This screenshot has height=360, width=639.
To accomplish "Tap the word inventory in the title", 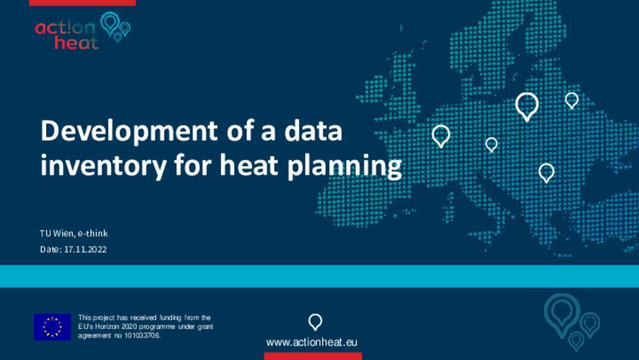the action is pyautogui.click(x=104, y=166).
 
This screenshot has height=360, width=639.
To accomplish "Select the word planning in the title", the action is pyautogui.click(x=344, y=166).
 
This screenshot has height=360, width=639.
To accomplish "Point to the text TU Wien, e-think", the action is pyautogui.click(x=73, y=233).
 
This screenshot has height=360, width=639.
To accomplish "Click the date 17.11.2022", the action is pyautogui.click(x=85, y=249).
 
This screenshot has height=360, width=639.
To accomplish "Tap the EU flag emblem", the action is pyautogui.click(x=52, y=327).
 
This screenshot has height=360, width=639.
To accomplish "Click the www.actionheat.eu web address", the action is pyautogui.click(x=312, y=342).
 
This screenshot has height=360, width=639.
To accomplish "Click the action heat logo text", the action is pyautogui.click(x=66, y=35).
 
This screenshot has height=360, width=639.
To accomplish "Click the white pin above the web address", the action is pyautogui.click(x=315, y=322).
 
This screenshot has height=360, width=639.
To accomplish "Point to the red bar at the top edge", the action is pyautogui.click(x=82, y=3).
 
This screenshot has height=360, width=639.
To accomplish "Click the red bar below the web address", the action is pyautogui.click(x=313, y=356).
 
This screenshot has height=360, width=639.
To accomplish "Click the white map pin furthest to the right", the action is pyautogui.click(x=571, y=100).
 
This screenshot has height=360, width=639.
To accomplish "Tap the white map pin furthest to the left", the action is pyautogui.click(x=440, y=136).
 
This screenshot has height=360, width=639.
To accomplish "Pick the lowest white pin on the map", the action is pyautogui.click(x=546, y=173).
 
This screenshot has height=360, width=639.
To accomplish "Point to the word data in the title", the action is pyautogui.click(x=313, y=131).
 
